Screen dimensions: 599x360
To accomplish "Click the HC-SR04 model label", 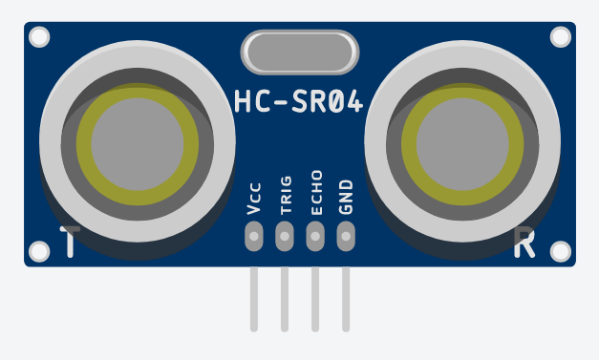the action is (x=299, y=102).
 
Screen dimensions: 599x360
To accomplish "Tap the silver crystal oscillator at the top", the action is (x=300, y=53).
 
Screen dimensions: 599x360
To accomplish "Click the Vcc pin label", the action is (x=254, y=198).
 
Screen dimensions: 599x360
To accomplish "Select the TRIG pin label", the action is (x=285, y=194).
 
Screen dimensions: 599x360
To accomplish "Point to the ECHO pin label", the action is (x=315, y=192).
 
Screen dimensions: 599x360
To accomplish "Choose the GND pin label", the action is (x=346, y=196).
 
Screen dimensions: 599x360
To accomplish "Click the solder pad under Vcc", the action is (x=254, y=234).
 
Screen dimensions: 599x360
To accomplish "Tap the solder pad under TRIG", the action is (x=285, y=234).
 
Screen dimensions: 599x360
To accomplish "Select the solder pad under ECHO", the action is (x=315, y=234).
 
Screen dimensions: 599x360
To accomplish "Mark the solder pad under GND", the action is (x=346, y=234).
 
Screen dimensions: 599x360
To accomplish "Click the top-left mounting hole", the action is (x=39, y=37).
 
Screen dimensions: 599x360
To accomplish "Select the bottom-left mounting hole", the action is (x=39, y=251).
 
